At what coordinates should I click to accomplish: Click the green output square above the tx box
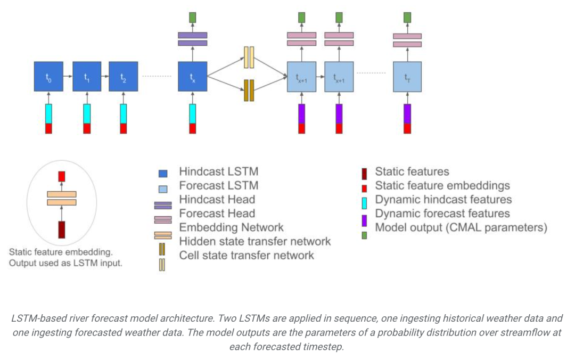click(192, 17)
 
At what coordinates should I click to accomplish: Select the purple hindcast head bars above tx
click(192, 39)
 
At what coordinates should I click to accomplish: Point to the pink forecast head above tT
click(407, 39)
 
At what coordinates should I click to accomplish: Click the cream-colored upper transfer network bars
click(249, 58)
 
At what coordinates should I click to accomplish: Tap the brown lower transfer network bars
click(249, 90)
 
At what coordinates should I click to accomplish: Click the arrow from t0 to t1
click(68, 76)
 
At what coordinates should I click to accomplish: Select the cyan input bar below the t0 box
click(48, 113)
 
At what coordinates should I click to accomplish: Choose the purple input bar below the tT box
click(407, 113)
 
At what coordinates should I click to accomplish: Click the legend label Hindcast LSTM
click(218, 172)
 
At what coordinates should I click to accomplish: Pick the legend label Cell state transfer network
click(247, 255)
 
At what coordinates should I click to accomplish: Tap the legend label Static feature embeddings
click(442, 186)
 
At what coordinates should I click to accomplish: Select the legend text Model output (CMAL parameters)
click(461, 228)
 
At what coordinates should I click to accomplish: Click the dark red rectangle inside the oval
click(62, 229)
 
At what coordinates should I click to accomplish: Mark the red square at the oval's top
click(62, 176)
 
